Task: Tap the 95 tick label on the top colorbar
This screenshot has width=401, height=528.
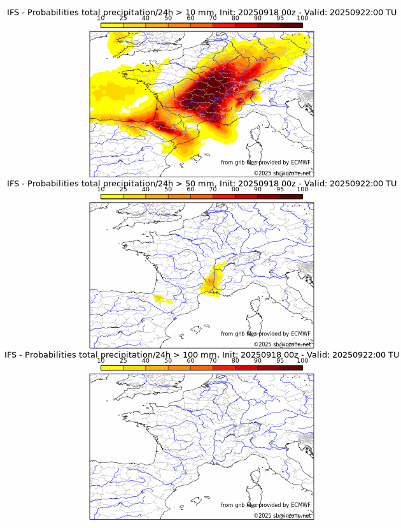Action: (x=280, y=18)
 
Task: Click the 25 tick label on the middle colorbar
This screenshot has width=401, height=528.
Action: (x=123, y=189)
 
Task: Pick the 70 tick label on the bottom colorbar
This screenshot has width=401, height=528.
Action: (x=213, y=360)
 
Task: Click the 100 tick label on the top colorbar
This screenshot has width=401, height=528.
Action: (x=302, y=18)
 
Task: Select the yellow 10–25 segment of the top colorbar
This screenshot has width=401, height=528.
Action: (x=112, y=25)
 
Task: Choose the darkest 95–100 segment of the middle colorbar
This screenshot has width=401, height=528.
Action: (x=292, y=196)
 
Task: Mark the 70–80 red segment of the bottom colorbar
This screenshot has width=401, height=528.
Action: (x=224, y=367)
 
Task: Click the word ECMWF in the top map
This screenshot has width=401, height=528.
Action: (x=300, y=163)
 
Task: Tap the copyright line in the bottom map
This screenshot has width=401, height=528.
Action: (x=282, y=515)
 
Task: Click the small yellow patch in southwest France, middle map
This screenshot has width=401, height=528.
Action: (x=160, y=298)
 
